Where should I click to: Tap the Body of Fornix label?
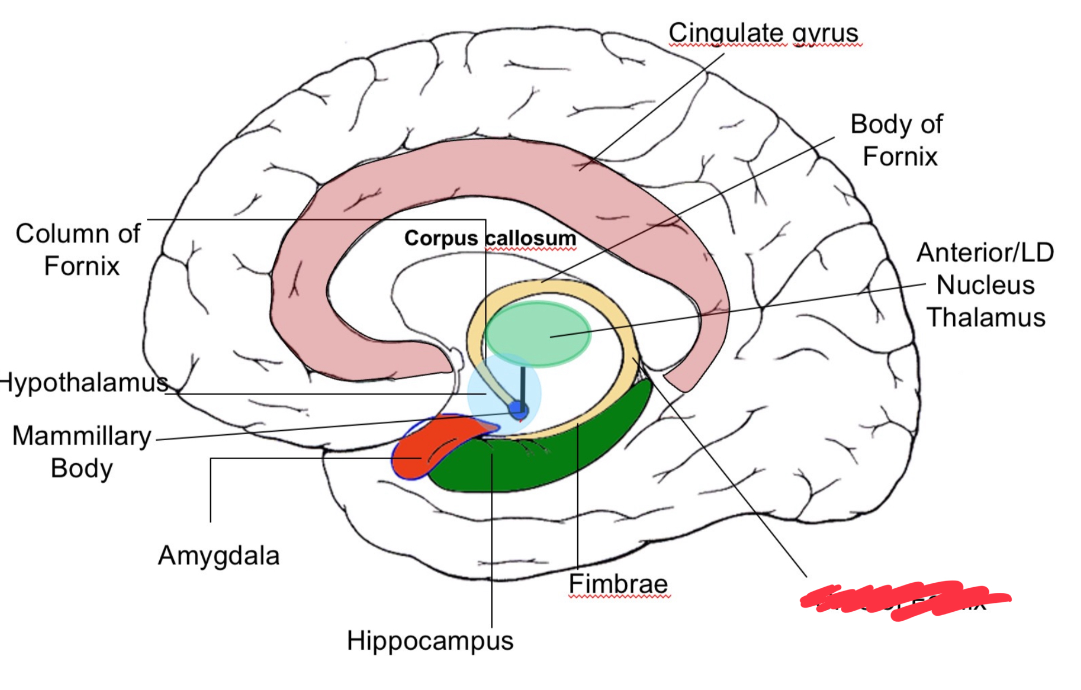pos(897,140)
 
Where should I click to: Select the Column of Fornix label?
pos(78,249)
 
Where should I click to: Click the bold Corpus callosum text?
pos(490,238)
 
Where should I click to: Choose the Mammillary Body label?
pos(82,451)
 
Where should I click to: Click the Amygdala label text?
pos(218,555)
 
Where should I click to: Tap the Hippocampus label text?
pos(430,640)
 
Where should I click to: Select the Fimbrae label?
pos(618,584)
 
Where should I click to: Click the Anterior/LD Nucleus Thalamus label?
pos(985,284)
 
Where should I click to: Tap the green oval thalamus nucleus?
pos(537,334)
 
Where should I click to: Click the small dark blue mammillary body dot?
pos(518,410)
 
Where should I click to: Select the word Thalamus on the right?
pos(985,317)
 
